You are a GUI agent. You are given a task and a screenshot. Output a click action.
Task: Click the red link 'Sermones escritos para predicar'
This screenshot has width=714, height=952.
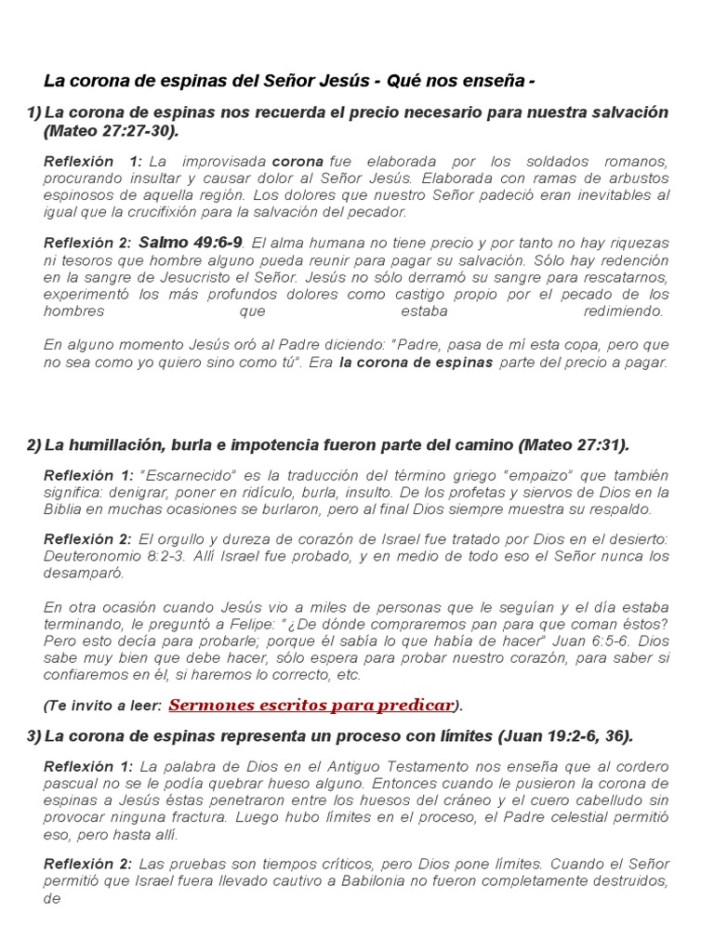312,705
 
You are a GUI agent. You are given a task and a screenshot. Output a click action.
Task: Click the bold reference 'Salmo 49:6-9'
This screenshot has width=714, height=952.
191,244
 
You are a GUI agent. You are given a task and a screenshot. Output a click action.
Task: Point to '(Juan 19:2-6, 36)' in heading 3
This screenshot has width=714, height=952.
565,736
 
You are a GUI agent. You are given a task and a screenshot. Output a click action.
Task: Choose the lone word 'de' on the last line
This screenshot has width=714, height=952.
51,899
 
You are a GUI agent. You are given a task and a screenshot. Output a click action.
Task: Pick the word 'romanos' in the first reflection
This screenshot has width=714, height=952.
635,162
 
